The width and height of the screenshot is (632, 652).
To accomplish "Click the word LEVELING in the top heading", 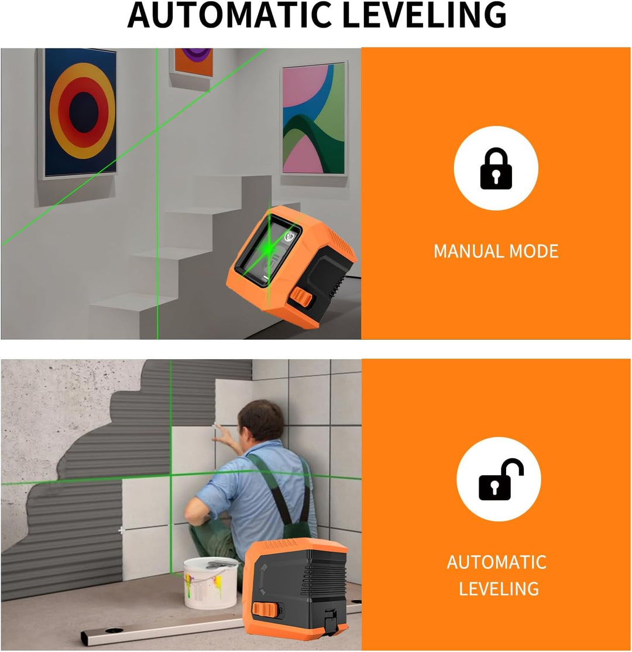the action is click(x=425, y=15).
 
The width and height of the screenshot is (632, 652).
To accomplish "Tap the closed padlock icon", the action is click(x=496, y=168).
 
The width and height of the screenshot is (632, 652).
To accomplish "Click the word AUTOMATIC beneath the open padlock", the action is click(x=497, y=562).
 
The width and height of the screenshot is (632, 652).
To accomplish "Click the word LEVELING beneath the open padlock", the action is click(x=499, y=589).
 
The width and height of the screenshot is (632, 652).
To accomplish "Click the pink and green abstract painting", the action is click(x=314, y=118).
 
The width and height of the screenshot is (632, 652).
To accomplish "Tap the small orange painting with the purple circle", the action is click(x=193, y=62).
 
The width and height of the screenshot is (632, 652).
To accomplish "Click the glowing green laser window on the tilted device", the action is click(x=269, y=250).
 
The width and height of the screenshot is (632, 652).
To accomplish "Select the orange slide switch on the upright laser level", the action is click(x=265, y=611).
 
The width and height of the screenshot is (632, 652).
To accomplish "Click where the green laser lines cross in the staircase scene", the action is click(x=157, y=129).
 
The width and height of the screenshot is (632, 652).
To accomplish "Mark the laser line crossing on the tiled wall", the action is click(x=171, y=475).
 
